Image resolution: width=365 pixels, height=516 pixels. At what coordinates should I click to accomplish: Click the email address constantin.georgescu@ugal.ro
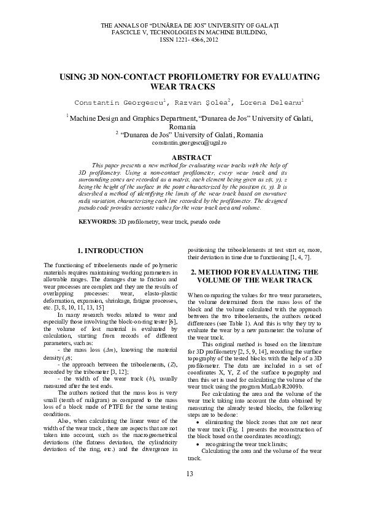click(x=189, y=142)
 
